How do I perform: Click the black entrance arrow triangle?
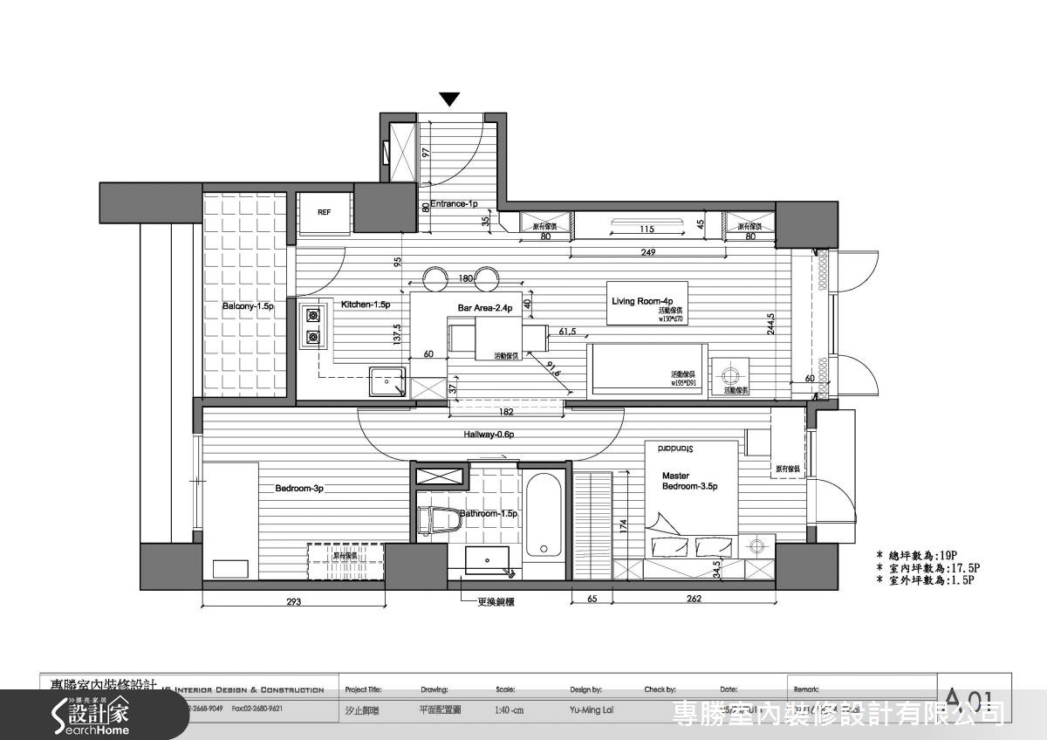click(x=449, y=99)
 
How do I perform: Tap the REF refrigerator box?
click(x=324, y=213)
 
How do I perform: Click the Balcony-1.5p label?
click(x=248, y=307)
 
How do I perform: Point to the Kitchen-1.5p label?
click(x=365, y=305)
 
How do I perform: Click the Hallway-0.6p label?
click(x=489, y=435)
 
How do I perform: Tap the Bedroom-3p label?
click(x=299, y=489)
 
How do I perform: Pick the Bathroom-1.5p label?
click(x=489, y=514)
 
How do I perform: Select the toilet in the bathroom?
click(x=438, y=519)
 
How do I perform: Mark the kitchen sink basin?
click(x=387, y=382)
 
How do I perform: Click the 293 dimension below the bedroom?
click(x=294, y=602)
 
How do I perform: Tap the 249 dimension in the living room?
click(x=647, y=253)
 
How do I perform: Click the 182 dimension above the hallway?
click(x=506, y=411)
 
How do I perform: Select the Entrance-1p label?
click(x=454, y=204)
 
